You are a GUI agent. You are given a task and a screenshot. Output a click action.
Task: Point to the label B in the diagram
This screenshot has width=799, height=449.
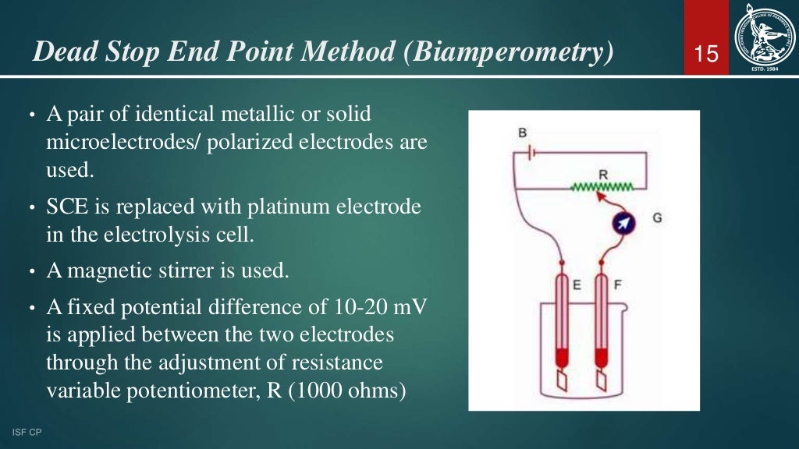point(522,133)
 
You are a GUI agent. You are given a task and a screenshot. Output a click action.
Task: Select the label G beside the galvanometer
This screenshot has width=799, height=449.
point(657,218)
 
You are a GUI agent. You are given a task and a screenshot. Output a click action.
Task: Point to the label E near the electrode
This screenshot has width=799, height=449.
point(577,285)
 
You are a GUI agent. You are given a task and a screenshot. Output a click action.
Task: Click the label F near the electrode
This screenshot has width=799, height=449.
point(617,285)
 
